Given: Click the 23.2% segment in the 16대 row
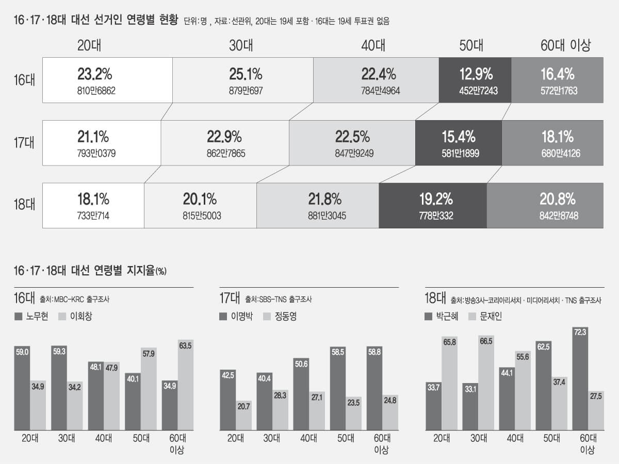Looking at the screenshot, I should tap(107, 80).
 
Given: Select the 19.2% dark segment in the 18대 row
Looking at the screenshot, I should tap(433, 205).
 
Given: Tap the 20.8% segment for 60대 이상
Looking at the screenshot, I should tap(545, 205).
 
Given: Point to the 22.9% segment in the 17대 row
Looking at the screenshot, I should tap(224, 143).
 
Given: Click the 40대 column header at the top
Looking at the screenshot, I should tap(373, 45).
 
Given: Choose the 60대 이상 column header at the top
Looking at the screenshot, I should tap(565, 45).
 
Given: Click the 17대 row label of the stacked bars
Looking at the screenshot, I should tap(24, 143).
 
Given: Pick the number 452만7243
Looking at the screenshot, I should tap(475, 91).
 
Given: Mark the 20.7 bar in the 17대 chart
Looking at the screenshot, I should tap(244, 416).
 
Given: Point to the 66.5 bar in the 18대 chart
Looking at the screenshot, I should tap(486, 383).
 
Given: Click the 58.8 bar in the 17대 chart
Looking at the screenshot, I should tap(374, 388).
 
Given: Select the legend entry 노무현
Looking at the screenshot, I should tap(32, 317).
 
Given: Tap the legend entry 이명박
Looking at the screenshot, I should tap(239, 317).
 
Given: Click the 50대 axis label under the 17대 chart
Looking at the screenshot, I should tap(346, 439).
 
